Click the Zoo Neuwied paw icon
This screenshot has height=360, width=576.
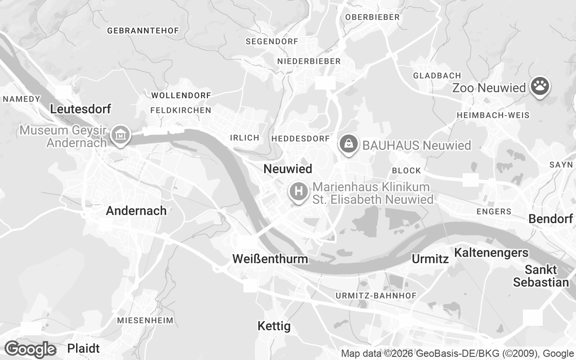[x=540, y=86]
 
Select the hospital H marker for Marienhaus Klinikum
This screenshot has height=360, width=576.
[x=298, y=192]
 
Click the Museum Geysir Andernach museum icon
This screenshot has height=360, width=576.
[x=121, y=135]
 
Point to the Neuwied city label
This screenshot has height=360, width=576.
[x=288, y=169]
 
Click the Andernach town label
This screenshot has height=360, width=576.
[x=136, y=211]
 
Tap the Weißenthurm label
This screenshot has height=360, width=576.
[x=270, y=259]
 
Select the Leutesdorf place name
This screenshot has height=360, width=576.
[x=81, y=109]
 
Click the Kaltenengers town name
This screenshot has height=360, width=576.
[x=491, y=252]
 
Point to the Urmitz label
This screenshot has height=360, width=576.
[x=430, y=259]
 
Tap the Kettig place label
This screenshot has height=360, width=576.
[x=274, y=326]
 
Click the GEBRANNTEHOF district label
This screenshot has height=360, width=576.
[x=143, y=31]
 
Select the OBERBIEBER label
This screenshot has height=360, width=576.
[x=372, y=17]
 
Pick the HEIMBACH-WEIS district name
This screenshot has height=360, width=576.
[x=493, y=115]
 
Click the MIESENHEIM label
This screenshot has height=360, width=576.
[x=145, y=320]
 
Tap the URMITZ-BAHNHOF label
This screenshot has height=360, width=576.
[x=376, y=296]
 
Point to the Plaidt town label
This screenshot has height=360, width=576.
[x=83, y=348]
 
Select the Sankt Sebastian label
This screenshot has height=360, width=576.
[x=541, y=276]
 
